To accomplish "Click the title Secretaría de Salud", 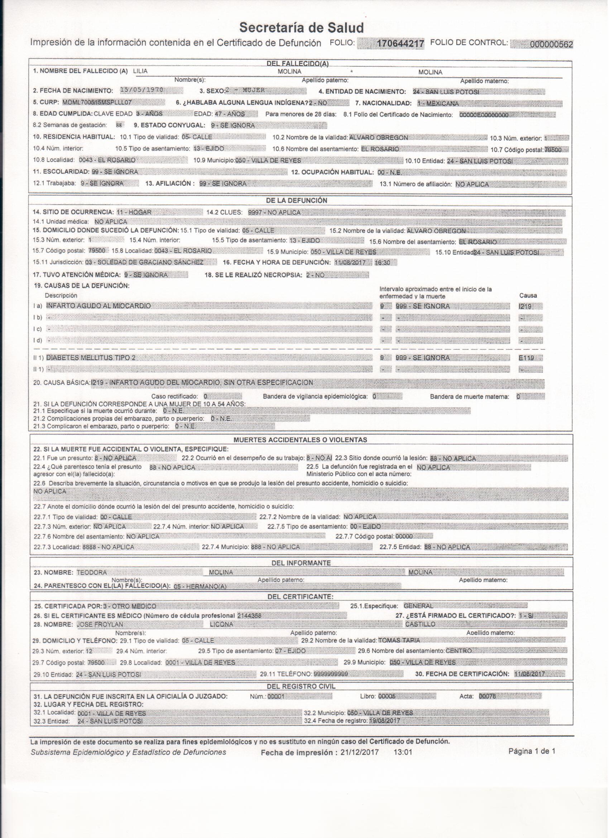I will coord(302,27).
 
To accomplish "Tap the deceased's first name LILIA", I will coord(140,72).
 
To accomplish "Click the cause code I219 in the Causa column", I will coord(526,306).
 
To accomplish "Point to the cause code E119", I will coord(526,358).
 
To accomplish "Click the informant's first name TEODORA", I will coord(92,572).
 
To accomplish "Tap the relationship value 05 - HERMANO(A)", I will coord(200,586).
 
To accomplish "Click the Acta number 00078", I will coord(488,696).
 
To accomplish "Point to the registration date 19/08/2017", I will coord(384,721).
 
